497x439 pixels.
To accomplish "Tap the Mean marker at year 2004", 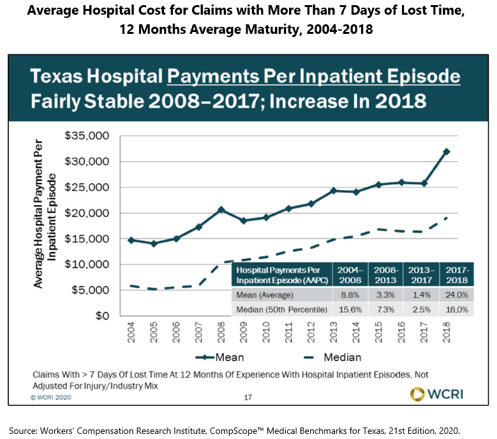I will tap(131, 240).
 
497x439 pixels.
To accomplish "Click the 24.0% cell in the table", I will tap(456, 296).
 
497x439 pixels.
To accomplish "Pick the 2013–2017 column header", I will tap(420, 275).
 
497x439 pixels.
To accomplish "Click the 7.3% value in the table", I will tap(387, 310).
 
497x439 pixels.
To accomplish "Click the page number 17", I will tap(249, 397).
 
